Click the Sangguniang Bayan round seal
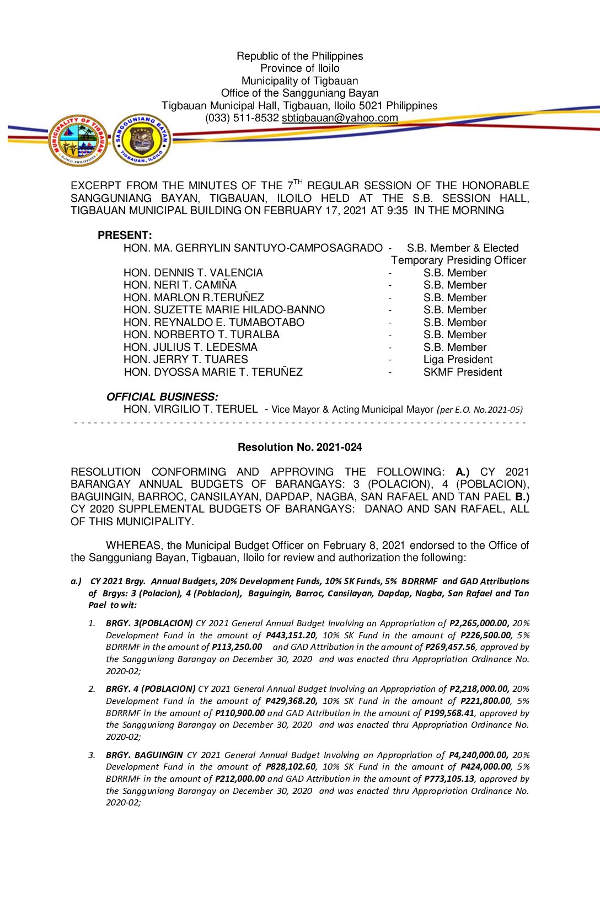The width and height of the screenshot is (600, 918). pos(142,140)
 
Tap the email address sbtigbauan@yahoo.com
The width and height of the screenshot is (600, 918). pos(340,118)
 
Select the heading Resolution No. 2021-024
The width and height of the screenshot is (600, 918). pos(299,447)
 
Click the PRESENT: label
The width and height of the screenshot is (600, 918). pos(125,236)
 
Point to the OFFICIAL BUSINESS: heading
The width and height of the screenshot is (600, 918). pos(162,397)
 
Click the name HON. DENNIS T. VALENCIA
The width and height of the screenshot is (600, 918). pos(193,273)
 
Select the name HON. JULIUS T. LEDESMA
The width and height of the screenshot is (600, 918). pos(190,348)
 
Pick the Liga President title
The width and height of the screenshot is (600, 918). pos(458,360)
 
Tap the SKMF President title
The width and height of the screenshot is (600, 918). pos(462,372)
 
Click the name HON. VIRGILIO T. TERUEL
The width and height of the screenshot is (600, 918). pos(190,409)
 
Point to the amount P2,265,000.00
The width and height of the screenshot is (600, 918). pos(479,623)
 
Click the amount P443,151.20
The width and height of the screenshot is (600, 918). pos(291,636)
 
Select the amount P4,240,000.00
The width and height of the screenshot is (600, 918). pos(478,755)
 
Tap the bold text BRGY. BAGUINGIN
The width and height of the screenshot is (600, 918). pos(144,755)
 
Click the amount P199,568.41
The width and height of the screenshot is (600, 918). pos(449,713)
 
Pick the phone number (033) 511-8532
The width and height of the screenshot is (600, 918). pos(242,118)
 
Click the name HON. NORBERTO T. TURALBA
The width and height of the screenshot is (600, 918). pos(201,335)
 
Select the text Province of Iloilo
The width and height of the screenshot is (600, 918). pos(299,68)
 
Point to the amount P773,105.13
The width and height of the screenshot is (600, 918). pos(449,779)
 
